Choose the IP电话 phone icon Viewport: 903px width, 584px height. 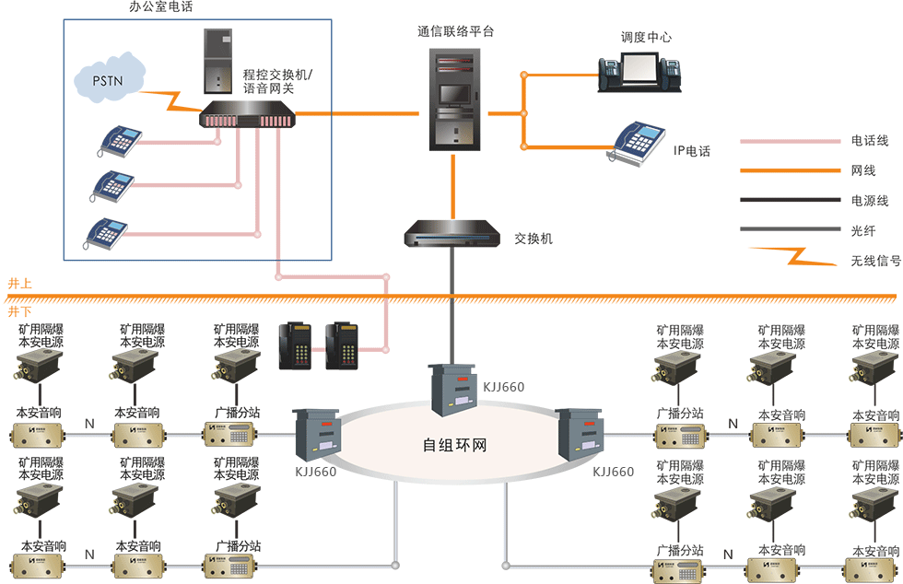click(x=640, y=143)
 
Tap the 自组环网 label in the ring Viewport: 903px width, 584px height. click(x=454, y=446)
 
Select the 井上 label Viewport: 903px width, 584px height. click(x=19, y=283)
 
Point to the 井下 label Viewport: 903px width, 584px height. click(x=19, y=311)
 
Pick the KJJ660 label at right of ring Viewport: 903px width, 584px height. click(x=613, y=472)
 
